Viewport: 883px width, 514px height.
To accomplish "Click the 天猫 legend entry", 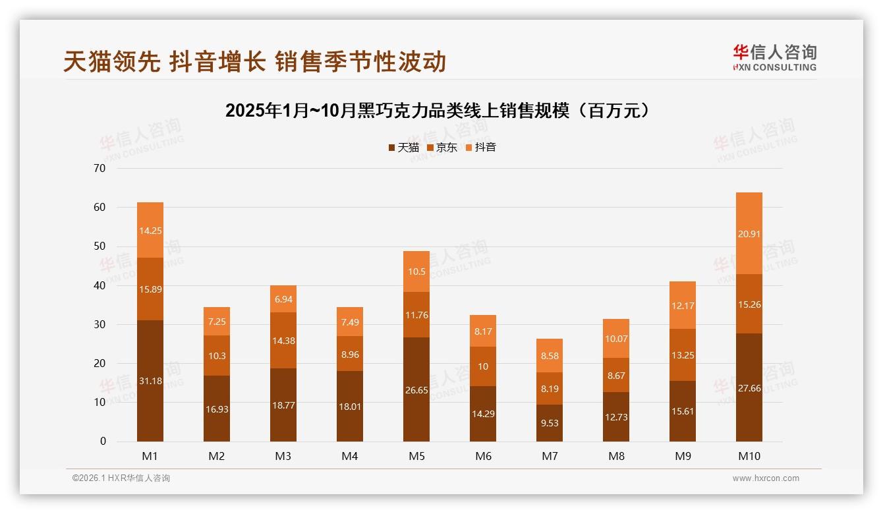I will [403, 148].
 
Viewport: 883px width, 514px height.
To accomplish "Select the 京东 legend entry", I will [442, 148].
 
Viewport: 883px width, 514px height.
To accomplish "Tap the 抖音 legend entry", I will [481, 148].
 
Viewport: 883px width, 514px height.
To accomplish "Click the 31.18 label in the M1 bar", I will [150, 381].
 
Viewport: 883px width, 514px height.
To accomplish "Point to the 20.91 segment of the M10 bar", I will [749, 233].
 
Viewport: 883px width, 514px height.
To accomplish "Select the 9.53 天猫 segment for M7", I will [549, 423].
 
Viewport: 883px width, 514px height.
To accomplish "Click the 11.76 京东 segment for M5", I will [416, 315].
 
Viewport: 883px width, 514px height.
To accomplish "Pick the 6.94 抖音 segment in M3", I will [283, 299].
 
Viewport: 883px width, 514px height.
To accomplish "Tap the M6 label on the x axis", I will [483, 456].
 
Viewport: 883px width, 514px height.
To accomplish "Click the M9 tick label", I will [683, 456].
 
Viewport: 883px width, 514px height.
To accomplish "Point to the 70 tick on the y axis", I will [100, 168].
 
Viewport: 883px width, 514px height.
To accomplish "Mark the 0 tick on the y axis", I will [103, 442].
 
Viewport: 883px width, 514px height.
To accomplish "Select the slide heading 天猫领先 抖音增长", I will [255, 61].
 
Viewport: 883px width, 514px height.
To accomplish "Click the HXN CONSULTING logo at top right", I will [774, 57].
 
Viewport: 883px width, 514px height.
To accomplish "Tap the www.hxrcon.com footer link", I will [766, 478].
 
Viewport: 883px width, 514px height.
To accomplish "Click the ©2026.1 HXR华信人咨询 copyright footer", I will [121, 478].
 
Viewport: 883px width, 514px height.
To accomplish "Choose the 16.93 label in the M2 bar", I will [217, 409].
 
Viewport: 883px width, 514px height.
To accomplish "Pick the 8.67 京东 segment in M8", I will [616, 376].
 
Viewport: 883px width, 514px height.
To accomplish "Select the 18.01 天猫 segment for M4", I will [350, 407].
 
